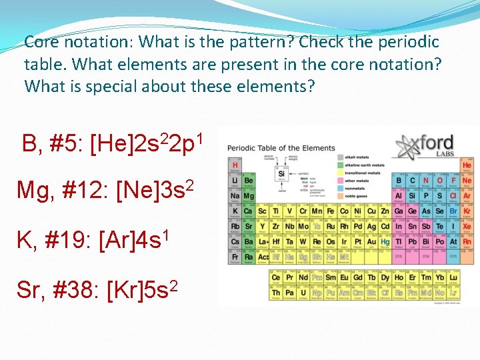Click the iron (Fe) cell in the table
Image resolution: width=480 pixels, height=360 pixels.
[329, 211]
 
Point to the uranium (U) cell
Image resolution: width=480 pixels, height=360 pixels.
[303, 293]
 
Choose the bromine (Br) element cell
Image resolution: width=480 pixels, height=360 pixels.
[453, 211]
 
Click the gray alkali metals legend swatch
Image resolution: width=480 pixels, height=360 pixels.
[341, 157]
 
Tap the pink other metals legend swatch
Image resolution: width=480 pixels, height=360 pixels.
[341, 180]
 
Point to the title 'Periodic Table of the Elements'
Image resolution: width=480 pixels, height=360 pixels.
[281, 148]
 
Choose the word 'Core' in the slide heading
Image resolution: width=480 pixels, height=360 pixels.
[41, 42]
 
